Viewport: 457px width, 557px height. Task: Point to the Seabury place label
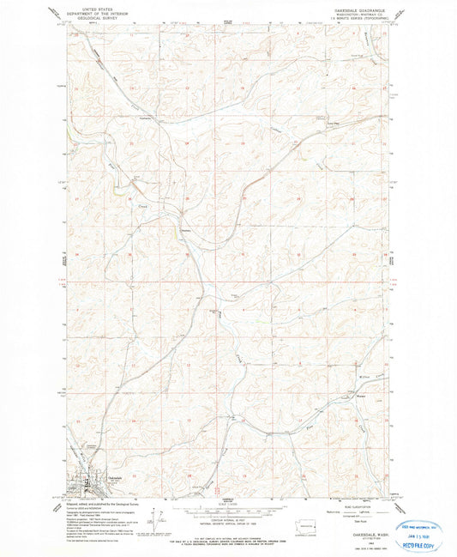coord(186,230)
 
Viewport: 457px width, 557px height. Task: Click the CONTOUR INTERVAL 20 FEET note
coord(227,514)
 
